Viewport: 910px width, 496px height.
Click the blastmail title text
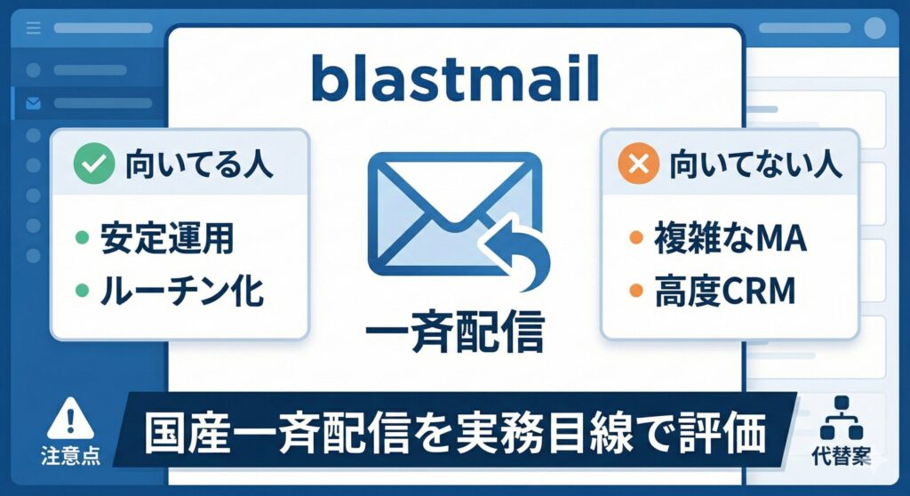(454, 78)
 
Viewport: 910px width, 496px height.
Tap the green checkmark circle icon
(93, 164)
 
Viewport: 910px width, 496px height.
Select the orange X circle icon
(638, 164)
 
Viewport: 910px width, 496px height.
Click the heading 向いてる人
(199, 164)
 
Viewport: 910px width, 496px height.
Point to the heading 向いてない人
(755, 164)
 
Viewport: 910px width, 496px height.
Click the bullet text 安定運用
(167, 237)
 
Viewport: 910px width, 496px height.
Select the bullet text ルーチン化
(181, 291)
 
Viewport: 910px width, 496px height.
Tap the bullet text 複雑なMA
(730, 237)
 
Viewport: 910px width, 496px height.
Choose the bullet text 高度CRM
(725, 291)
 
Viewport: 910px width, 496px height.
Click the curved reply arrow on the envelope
(519, 250)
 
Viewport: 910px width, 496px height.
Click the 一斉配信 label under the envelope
(455, 332)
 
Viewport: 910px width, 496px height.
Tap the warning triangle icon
(70, 418)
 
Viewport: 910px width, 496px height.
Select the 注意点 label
(70, 456)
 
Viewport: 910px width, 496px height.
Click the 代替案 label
(842, 456)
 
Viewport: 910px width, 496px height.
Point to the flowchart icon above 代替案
(842, 418)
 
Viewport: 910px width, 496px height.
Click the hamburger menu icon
(34, 28)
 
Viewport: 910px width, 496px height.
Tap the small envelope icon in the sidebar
(34, 103)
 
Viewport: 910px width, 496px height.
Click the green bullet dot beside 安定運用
(83, 237)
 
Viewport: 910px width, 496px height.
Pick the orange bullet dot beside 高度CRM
(636, 290)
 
